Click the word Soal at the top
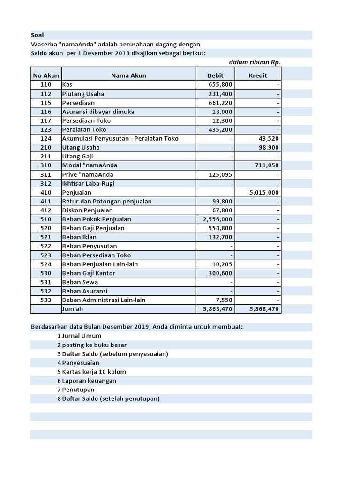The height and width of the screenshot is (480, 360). tap(37, 35)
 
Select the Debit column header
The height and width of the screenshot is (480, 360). tap(215, 75)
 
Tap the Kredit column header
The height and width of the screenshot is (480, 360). tap(257, 75)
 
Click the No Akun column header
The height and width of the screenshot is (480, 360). tap(46, 75)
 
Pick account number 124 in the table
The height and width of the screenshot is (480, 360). tap(46, 138)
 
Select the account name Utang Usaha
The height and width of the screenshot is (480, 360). tap(81, 147)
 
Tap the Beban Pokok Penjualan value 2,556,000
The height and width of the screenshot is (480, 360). tap(217, 219)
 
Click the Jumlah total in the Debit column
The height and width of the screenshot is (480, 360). tap(217, 309)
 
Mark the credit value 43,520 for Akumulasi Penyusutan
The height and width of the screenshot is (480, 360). tap(269, 138)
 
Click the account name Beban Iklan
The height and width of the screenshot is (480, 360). tap(79, 237)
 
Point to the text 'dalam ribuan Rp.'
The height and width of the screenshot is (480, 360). tap(255, 62)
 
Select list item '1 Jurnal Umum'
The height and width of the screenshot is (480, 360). tap(79, 336)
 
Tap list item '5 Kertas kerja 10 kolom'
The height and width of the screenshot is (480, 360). tap(91, 372)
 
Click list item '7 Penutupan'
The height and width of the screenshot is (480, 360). tap(75, 390)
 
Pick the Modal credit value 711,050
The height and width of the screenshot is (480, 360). tap(267, 165)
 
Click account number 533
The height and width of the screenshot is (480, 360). tap(46, 300)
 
